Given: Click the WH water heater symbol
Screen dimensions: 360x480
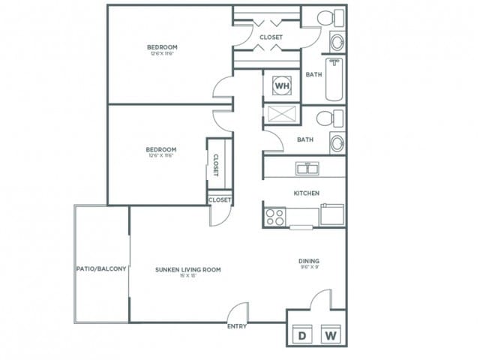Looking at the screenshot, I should point(281,86).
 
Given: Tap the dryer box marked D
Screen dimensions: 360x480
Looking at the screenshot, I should point(303,334).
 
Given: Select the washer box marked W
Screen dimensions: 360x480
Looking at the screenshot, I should point(330,334).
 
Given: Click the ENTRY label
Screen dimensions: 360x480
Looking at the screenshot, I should point(237,327).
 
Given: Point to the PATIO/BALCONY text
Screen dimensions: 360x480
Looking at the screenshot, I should point(101,268).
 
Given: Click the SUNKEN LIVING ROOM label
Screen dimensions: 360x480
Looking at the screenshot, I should point(187,269).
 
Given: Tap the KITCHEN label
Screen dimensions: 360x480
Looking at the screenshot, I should point(306,193).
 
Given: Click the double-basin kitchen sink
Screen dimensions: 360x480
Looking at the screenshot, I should point(306,168).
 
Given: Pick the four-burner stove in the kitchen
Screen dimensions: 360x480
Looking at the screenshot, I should point(274,217).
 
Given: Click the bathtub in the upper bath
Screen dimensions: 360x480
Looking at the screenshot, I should point(334,79).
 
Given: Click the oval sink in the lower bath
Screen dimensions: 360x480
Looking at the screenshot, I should point(337,142).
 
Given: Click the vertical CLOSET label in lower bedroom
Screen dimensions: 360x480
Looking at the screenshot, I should point(215,165).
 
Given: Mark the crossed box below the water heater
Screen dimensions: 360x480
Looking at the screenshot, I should point(281,115).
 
